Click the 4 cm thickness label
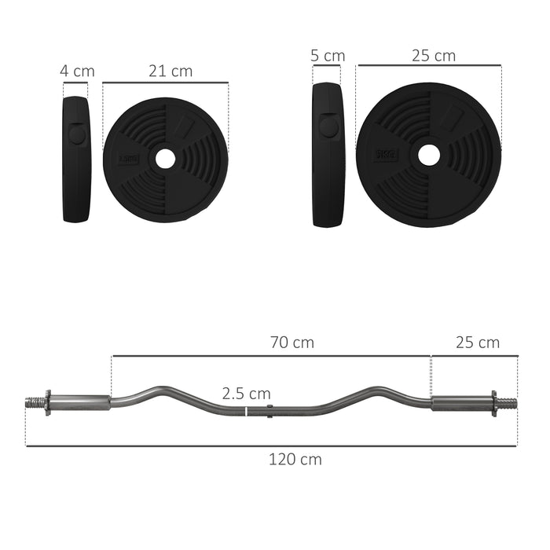coord(77,71)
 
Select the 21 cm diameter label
coord(170,71)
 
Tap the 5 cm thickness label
coord(328,56)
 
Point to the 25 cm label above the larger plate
coord(433,56)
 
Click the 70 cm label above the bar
coord(291,343)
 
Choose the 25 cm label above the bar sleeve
coord(478,343)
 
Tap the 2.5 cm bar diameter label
coord(246,393)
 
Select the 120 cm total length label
coord(295,460)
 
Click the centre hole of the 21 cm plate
coord(165,159)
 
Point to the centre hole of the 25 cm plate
coord(428,154)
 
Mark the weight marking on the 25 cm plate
coord(384,154)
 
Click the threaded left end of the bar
coord(34,403)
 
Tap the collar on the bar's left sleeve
coord(46,403)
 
